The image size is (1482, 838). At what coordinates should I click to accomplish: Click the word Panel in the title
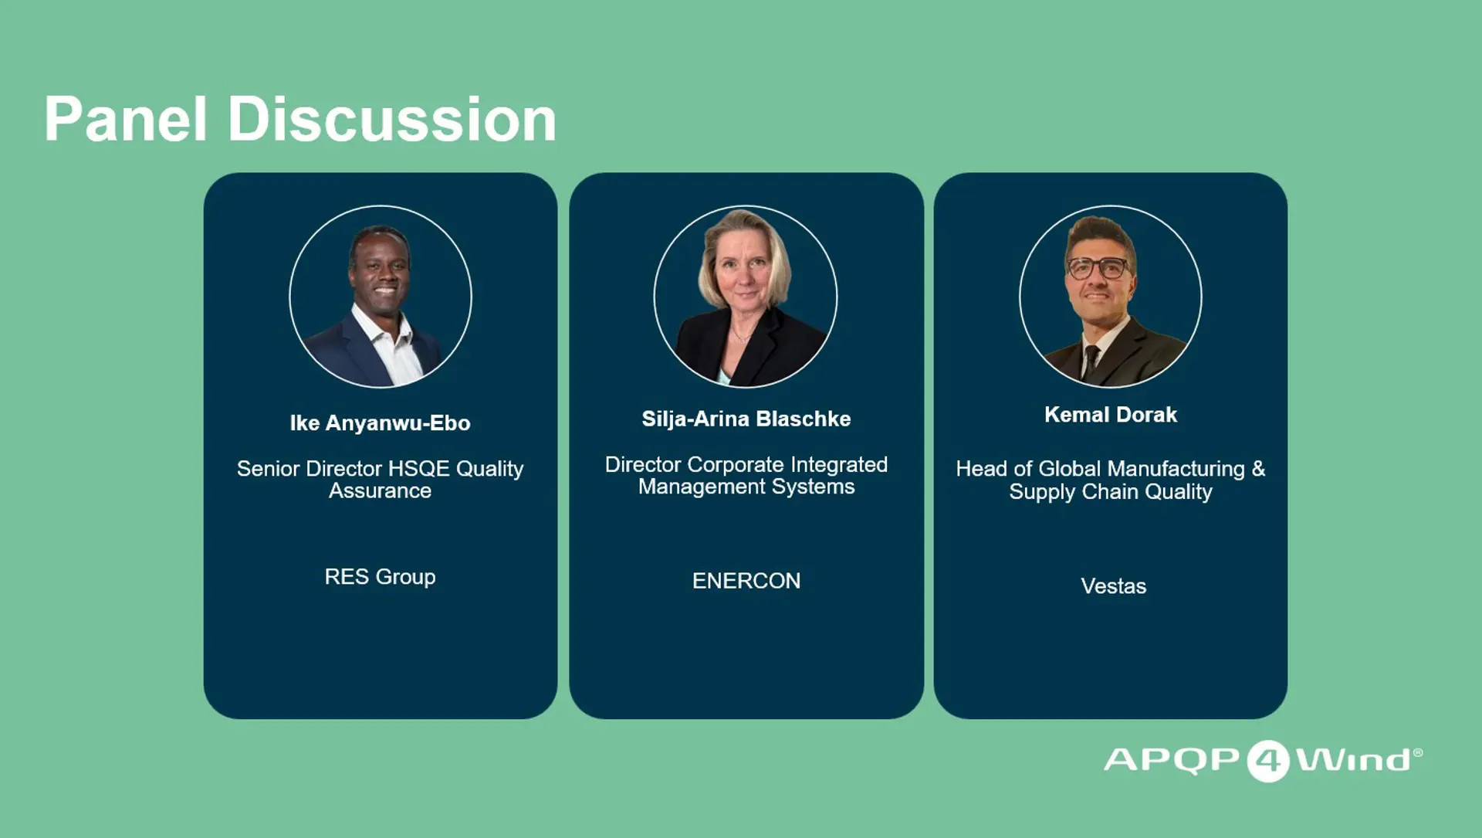[126, 119]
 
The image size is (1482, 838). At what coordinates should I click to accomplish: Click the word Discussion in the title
[392, 119]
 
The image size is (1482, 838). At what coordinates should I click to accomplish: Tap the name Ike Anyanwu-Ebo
[380, 423]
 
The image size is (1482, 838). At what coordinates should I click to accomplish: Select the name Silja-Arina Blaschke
[746, 419]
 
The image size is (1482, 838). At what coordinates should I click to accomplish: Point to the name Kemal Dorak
[1111, 415]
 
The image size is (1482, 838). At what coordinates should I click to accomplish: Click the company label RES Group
[380, 577]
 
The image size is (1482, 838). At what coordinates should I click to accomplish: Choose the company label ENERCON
[746, 581]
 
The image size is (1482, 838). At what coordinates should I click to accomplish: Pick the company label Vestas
[1113, 586]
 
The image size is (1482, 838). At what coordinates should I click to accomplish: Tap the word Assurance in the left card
[380, 491]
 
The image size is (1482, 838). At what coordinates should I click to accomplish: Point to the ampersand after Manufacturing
[1258, 469]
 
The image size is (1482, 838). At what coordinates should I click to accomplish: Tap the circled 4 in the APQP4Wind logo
[1268, 761]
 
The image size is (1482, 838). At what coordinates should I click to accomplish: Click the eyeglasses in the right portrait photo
[1098, 268]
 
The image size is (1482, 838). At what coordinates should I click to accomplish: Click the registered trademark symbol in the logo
[1418, 752]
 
